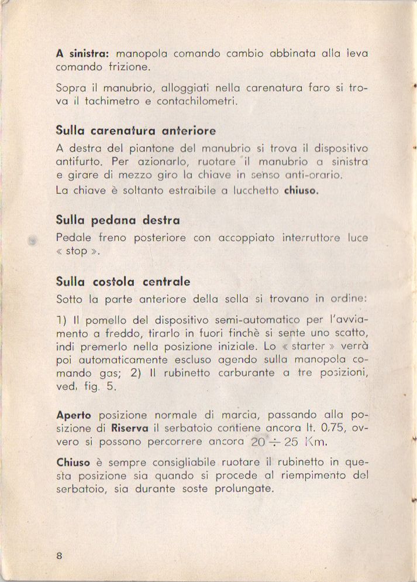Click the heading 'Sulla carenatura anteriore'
(136, 130)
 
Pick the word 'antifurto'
(78, 161)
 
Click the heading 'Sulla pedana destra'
(118, 220)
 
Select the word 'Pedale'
(74, 238)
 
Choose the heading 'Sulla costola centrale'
(123, 282)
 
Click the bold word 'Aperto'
(74, 415)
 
